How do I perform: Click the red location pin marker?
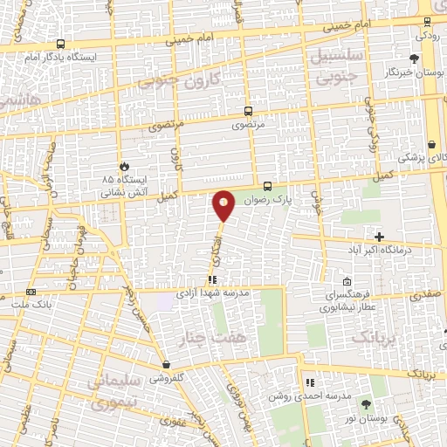point(224,206)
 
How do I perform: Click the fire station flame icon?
point(124,165)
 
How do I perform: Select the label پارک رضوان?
point(265,200)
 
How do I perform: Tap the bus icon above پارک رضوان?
point(268,185)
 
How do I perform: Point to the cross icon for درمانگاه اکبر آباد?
point(379,237)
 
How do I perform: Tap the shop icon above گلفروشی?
point(166,365)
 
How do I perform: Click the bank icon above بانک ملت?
point(31,292)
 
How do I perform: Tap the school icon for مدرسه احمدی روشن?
point(309,382)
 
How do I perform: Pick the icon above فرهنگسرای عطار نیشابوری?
point(347,281)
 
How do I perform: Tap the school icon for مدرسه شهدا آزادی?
point(211,279)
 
